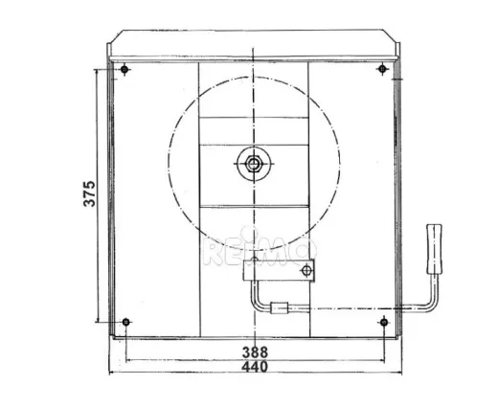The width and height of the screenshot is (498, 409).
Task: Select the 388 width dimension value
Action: [x=254, y=352]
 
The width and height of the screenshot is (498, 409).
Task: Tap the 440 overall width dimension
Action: [x=254, y=366]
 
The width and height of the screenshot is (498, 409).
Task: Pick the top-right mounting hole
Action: [x=382, y=69]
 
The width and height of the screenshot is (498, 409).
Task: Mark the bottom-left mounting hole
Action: [x=126, y=322]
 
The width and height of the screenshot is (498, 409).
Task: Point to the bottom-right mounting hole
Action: [x=383, y=322]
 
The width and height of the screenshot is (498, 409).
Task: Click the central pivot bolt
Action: [x=254, y=164]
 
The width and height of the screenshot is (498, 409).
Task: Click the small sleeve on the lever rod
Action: [x=279, y=308]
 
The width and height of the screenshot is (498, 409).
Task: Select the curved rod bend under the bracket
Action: [x=256, y=303]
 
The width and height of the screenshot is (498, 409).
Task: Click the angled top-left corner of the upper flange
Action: [x=113, y=37]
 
